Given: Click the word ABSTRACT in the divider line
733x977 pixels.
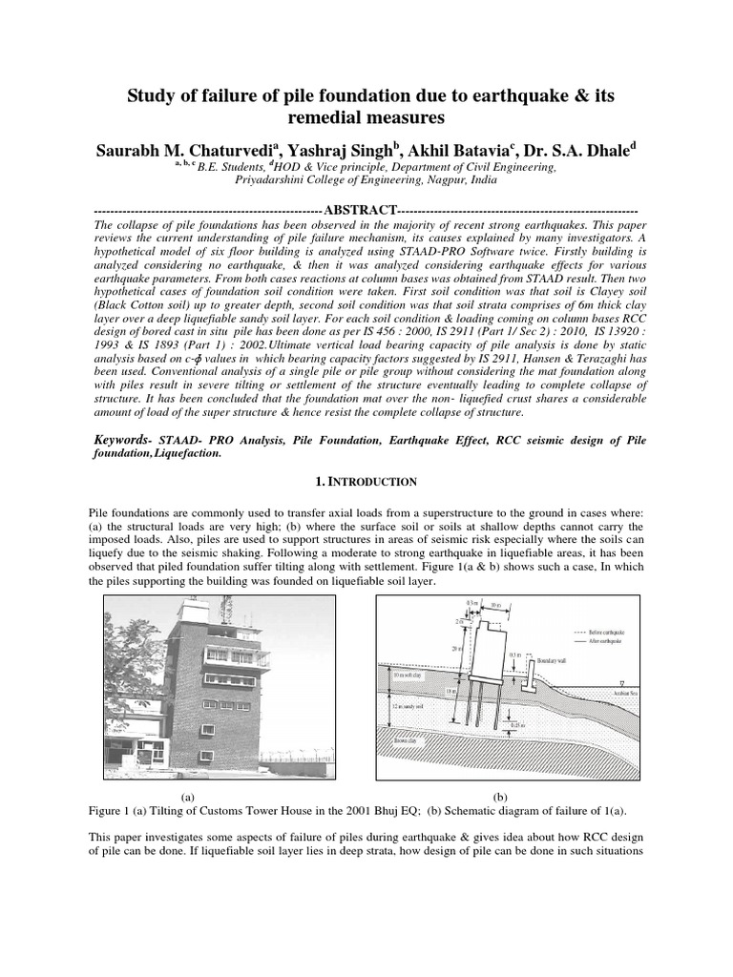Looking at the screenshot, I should tap(359, 209).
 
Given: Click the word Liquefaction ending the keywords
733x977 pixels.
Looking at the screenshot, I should tap(183, 454).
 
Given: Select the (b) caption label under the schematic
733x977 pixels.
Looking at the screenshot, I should tap(499, 796).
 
